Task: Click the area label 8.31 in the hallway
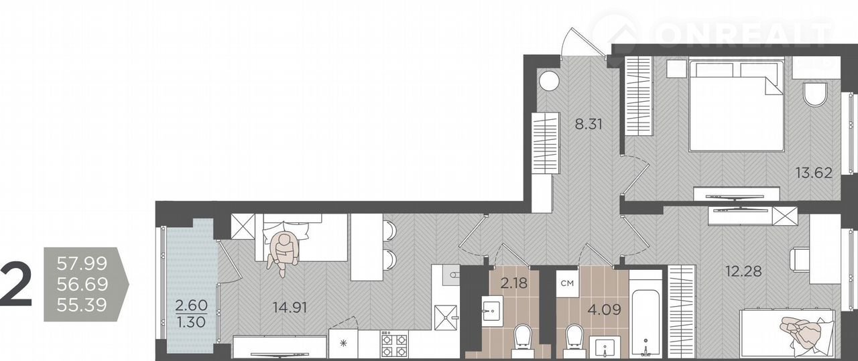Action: (x=589, y=125)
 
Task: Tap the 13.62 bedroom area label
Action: (x=814, y=173)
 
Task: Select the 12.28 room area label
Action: (x=743, y=271)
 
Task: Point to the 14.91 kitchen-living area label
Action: (x=290, y=307)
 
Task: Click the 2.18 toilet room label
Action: (x=514, y=283)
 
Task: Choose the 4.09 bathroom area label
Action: (x=604, y=309)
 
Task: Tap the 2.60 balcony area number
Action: (x=191, y=305)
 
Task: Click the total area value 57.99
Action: (x=82, y=264)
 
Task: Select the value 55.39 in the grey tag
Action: (x=82, y=305)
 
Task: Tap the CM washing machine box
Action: (x=567, y=283)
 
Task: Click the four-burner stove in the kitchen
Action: (x=393, y=344)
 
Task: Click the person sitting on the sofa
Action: (x=283, y=253)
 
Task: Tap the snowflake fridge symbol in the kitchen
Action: (x=344, y=343)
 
